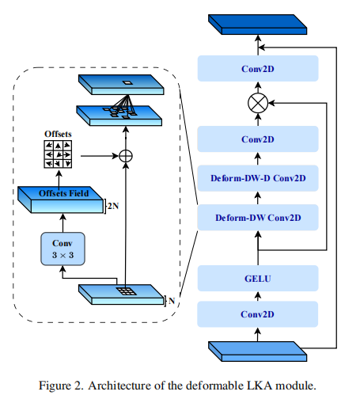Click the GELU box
[x=258, y=279]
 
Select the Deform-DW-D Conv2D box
[x=258, y=178]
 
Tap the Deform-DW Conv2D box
[x=258, y=218]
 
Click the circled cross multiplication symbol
[x=258, y=103]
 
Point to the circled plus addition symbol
[x=126, y=156]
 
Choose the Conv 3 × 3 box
[x=63, y=249]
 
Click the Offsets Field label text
[x=63, y=193]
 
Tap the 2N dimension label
[x=113, y=206]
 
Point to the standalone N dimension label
[x=172, y=301]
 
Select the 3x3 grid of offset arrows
[x=58, y=154]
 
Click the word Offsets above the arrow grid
[x=58, y=134]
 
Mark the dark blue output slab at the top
[x=257, y=25]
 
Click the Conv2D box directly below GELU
[x=258, y=314]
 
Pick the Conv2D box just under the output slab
[x=258, y=69]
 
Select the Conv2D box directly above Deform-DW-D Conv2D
[x=258, y=139]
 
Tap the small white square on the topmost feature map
[x=127, y=82]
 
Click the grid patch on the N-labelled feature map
[x=127, y=291]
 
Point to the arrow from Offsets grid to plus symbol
[x=100, y=156]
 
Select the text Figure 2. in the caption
[x=61, y=386]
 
